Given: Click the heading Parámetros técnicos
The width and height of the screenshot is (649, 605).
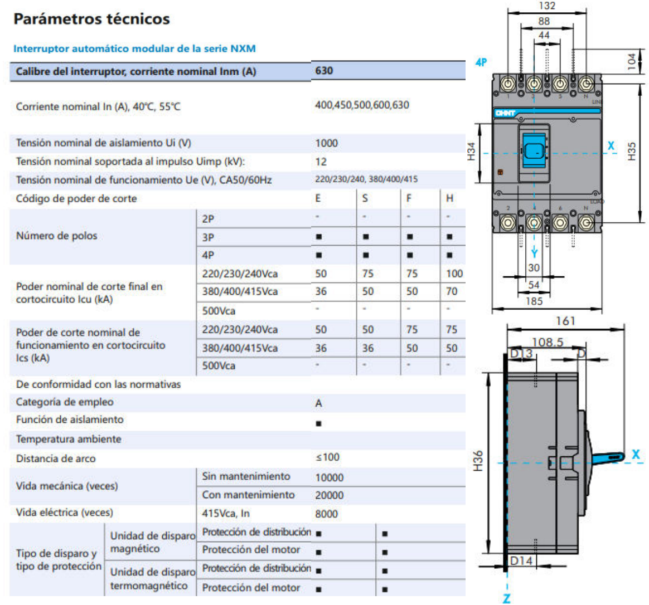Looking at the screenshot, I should tap(91, 19).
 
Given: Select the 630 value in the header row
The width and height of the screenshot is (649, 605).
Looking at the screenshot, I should tap(324, 71).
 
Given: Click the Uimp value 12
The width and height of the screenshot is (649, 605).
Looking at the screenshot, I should tap(321, 162).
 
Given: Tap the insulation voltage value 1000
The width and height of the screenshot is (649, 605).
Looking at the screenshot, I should tap(326, 143).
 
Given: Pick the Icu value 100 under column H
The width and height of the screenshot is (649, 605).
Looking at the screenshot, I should tap(454, 274).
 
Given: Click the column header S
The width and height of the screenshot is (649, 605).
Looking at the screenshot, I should tap(365, 198).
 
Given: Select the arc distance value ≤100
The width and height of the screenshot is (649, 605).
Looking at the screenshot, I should tap(327, 457).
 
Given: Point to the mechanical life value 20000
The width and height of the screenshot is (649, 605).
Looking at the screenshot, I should tap(329, 495).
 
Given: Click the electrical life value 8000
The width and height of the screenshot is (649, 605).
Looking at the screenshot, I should tap(326, 514).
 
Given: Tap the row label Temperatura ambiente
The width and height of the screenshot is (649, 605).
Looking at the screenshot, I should tap(69, 439).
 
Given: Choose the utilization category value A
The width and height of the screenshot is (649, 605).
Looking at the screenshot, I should tap(318, 403).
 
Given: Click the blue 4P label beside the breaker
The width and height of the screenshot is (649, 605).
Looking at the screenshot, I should tap(481, 62).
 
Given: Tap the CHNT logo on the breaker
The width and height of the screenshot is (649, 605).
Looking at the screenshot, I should tap(505, 113).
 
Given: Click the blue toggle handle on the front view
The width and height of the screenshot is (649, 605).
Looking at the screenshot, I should tap(534, 151).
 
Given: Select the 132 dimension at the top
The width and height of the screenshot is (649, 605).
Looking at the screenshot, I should tap(547, 6).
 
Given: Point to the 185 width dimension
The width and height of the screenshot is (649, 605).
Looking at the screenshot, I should tap(534, 301).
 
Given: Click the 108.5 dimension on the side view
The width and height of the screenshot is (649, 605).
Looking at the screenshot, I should tap(547, 342).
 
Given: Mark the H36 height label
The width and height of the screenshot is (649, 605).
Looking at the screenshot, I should tap(478, 461).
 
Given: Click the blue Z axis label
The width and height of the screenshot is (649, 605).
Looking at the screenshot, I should tap(507, 598).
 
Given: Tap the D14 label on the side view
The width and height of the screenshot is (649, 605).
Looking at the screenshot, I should tap(521, 560).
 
